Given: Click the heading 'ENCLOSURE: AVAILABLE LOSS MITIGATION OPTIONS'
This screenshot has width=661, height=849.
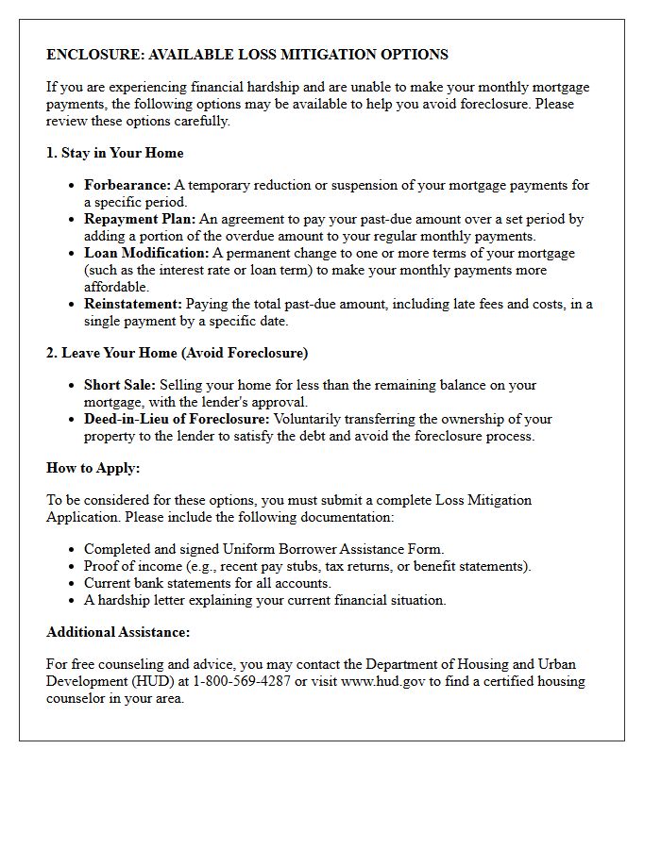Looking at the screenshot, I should (x=247, y=55).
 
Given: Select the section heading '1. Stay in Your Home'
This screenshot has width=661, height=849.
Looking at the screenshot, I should (x=115, y=153).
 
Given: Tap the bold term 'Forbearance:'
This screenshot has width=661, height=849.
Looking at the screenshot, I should (x=127, y=185).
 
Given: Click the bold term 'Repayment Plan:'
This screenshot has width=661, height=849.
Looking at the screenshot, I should (x=140, y=219).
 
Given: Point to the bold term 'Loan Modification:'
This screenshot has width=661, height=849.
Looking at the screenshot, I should (x=146, y=253).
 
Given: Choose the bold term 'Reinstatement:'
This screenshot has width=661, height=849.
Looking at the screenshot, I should (x=133, y=304).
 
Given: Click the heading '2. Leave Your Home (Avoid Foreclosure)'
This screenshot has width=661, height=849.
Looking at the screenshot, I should (x=178, y=353).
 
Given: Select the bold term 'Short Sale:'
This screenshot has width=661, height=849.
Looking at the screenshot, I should (x=120, y=385).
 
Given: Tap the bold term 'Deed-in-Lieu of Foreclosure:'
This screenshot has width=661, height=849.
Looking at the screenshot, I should (x=177, y=419).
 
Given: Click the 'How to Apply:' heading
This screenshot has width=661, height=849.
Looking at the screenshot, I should (x=93, y=468).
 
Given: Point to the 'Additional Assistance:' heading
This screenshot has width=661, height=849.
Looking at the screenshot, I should (x=118, y=632).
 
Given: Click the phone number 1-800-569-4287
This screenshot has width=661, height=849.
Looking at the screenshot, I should (x=242, y=681).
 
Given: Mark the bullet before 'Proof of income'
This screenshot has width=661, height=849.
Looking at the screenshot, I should (x=73, y=567).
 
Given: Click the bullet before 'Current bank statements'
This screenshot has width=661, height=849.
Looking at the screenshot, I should (x=73, y=584).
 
